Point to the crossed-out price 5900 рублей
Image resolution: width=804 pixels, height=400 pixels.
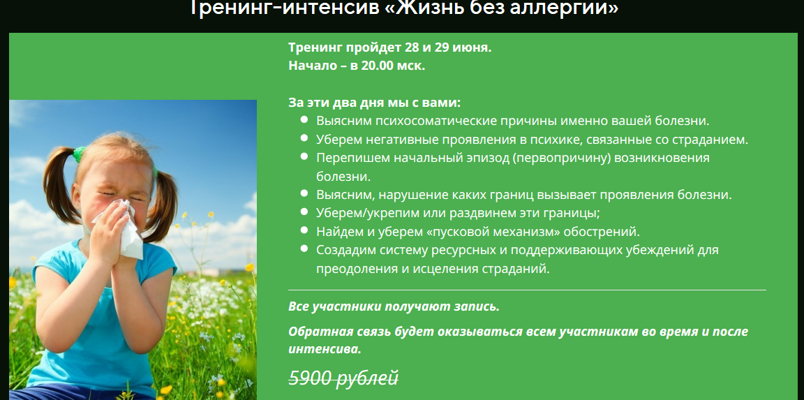point(343,378)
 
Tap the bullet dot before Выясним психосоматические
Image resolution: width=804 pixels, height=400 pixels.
point(304,120)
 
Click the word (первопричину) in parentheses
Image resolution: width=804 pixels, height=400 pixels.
point(560,157)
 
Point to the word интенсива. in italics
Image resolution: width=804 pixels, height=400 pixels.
point(325,348)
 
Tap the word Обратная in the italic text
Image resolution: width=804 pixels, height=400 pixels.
point(318,332)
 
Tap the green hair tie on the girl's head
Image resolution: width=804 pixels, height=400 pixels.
point(79,151)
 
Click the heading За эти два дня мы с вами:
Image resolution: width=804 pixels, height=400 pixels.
point(375,102)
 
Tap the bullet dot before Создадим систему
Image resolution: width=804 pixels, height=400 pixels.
point(304,249)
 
